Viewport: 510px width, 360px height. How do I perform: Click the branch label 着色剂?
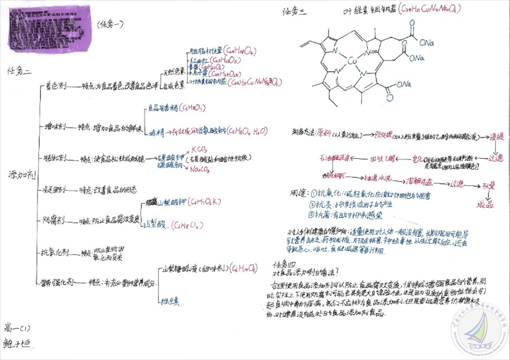point(55,86)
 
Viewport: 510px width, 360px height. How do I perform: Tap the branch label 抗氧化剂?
point(56,253)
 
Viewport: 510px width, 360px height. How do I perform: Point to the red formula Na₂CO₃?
point(199,169)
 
